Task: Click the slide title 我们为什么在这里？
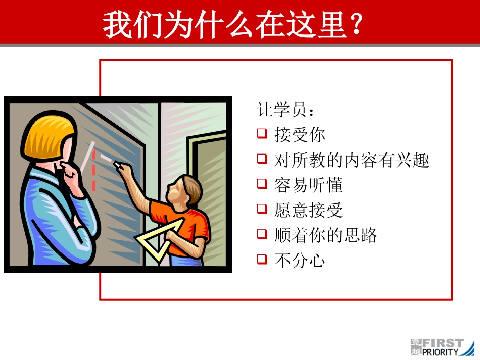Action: (x=233, y=25)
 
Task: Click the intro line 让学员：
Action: (x=288, y=110)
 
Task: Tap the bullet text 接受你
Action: (x=300, y=135)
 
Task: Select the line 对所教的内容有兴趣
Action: (x=352, y=160)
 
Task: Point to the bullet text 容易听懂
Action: (x=308, y=185)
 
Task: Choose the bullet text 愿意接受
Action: (x=308, y=210)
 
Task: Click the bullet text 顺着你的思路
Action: (x=326, y=235)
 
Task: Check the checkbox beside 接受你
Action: (x=262, y=134)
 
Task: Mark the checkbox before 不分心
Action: (x=262, y=259)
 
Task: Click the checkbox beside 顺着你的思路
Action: (x=262, y=234)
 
